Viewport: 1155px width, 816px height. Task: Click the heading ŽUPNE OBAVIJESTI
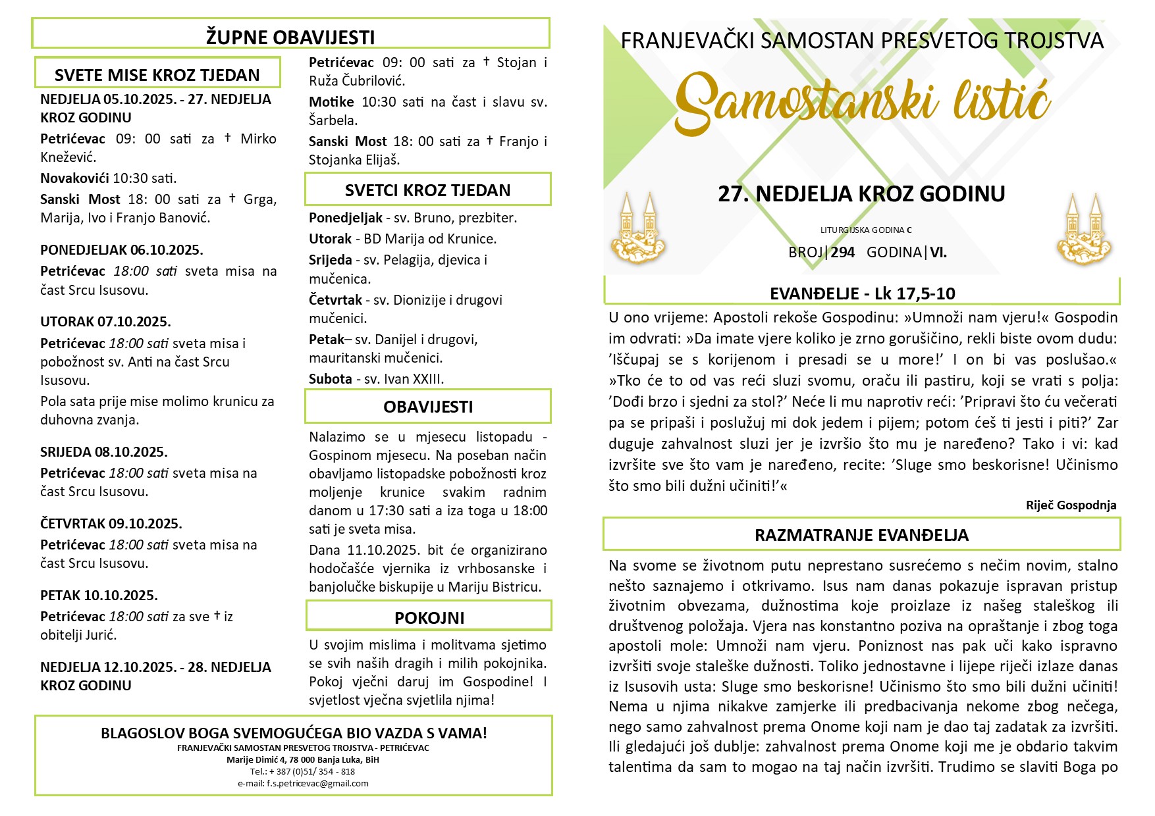(x=290, y=37)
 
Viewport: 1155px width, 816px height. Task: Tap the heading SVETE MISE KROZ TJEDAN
(x=157, y=75)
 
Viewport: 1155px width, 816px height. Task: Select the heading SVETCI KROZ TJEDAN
(x=427, y=190)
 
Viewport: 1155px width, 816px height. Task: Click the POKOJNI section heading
(x=429, y=618)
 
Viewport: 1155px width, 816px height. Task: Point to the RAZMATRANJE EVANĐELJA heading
(x=861, y=535)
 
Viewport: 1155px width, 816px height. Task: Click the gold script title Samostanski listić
(x=861, y=102)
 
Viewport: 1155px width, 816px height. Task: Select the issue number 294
(x=843, y=252)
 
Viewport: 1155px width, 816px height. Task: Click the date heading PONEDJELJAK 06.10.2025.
(x=122, y=250)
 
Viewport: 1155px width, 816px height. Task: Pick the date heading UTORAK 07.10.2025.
(x=105, y=322)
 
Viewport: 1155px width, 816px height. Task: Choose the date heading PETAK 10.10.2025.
(x=99, y=596)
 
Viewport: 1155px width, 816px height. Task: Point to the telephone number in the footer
(x=302, y=771)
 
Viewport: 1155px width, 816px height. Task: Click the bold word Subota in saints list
(x=331, y=379)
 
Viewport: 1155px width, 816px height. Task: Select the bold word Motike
(x=331, y=102)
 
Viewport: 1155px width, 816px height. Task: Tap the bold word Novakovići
(x=74, y=178)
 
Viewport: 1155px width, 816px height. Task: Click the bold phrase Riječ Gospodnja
(x=1071, y=505)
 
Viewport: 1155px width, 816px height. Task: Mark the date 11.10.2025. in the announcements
(x=383, y=550)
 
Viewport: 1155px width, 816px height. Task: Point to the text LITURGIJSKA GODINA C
(x=866, y=230)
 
